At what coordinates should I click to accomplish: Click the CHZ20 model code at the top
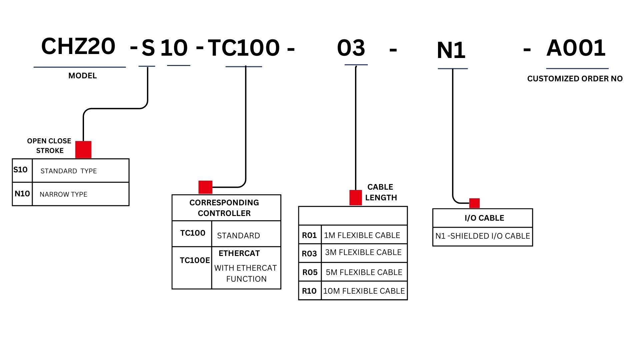point(78,46)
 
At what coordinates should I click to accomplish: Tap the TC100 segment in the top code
point(244,48)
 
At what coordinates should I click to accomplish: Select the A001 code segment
point(576,48)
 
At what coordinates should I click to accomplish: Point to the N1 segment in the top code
point(451,50)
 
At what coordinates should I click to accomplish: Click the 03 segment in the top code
point(351,48)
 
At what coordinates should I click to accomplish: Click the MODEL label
point(82,76)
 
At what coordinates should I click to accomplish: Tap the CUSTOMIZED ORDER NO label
point(575,79)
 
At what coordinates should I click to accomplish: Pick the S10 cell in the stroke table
point(21,170)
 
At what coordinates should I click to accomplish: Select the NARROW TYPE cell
point(63,194)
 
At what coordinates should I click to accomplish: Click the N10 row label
point(22,194)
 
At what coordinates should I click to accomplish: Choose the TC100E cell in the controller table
point(195,260)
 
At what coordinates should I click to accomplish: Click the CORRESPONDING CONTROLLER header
point(224,208)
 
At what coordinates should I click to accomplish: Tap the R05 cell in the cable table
point(310,272)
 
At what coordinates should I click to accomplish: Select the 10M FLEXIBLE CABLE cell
point(364,291)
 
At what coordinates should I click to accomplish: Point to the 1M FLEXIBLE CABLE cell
point(362,235)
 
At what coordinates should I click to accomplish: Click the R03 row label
point(309,254)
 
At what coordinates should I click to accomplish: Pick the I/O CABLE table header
point(484,218)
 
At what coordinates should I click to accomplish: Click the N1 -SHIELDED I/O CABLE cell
point(482,236)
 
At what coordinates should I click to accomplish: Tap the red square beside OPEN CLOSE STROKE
point(83,149)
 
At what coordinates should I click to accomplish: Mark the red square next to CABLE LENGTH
point(355,198)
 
